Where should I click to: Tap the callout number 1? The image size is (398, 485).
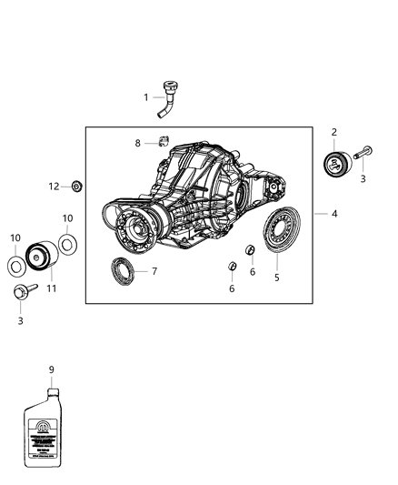144,97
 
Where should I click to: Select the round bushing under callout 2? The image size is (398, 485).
335,166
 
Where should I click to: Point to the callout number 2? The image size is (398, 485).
334,133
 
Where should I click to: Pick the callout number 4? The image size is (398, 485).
334,214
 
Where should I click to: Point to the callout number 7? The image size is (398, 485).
154,271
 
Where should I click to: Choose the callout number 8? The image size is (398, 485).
138,143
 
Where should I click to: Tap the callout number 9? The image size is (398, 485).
51,369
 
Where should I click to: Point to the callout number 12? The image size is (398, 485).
54,186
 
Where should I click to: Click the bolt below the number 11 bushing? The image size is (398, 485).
20,295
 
